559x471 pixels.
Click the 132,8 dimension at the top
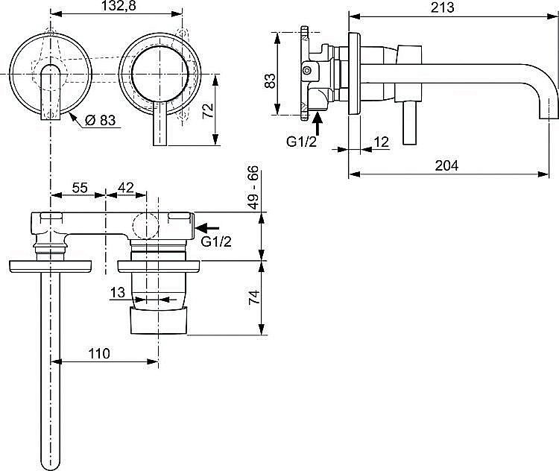[119, 7]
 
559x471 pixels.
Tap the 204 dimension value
[447, 165]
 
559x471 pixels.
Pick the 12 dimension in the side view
[381, 142]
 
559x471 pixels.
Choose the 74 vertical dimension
[253, 297]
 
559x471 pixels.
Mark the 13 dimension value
[117, 294]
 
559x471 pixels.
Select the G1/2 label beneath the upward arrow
[302, 142]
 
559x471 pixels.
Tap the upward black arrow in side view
[318, 119]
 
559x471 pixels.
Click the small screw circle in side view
[306, 71]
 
